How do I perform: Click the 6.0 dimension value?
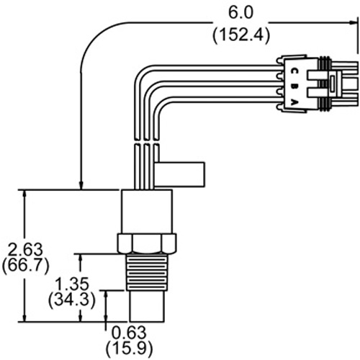[240, 12]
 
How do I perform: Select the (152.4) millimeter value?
[241, 35]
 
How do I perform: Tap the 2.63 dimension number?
[25, 250]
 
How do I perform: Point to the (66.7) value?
[25, 266]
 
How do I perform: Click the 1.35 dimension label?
[72, 284]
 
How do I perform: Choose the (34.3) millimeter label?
[72, 300]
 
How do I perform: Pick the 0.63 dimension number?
[129, 333]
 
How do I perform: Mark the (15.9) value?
[129, 348]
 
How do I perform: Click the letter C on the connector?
[294, 71]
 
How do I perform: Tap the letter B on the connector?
[294, 87]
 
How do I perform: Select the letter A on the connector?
[294, 103]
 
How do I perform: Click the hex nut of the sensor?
[147, 243]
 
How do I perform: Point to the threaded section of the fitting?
[147, 272]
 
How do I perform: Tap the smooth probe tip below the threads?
[147, 307]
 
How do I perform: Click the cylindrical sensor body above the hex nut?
[147, 212]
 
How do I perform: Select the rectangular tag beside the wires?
[180, 174]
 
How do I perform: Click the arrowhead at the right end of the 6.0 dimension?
[352, 22]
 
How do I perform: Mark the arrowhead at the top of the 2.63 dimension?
[24, 194]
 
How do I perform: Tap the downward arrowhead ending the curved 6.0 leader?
[81, 186]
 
